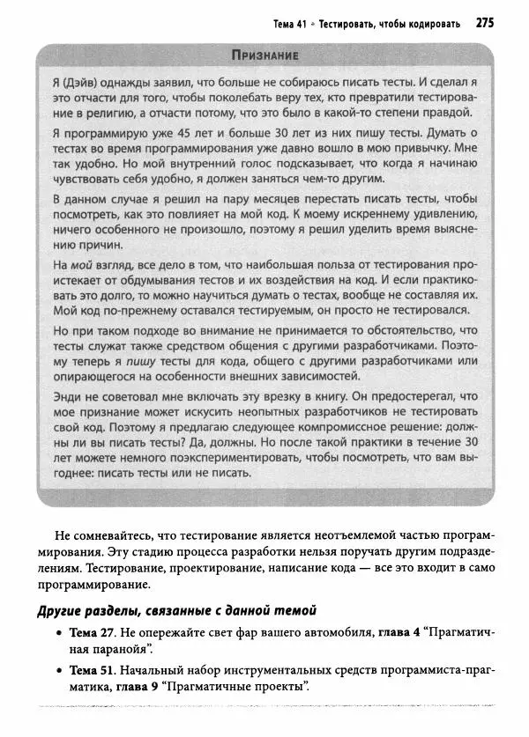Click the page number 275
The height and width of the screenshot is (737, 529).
pyautogui.click(x=488, y=23)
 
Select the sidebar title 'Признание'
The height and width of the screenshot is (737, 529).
pyautogui.click(x=262, y=55)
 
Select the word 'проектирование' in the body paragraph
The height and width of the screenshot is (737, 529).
pyautogui.click(x=231, y=568)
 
